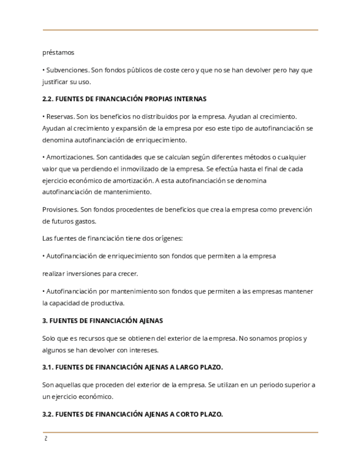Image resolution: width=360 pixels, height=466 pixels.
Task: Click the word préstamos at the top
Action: point(58,53)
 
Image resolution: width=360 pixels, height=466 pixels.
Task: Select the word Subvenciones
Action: point(67,70)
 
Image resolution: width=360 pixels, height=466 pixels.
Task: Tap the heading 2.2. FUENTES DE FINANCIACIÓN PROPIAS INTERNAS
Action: point(124,99)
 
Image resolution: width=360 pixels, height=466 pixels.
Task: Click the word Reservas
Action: point(60,116)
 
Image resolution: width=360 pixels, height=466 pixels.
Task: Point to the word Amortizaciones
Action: point(69,157)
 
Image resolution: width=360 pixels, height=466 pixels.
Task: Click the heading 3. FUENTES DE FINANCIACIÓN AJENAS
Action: point(102,320)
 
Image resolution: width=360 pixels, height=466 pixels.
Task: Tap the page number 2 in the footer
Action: point(46,439)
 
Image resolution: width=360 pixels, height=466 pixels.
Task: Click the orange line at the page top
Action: point(180,30)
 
